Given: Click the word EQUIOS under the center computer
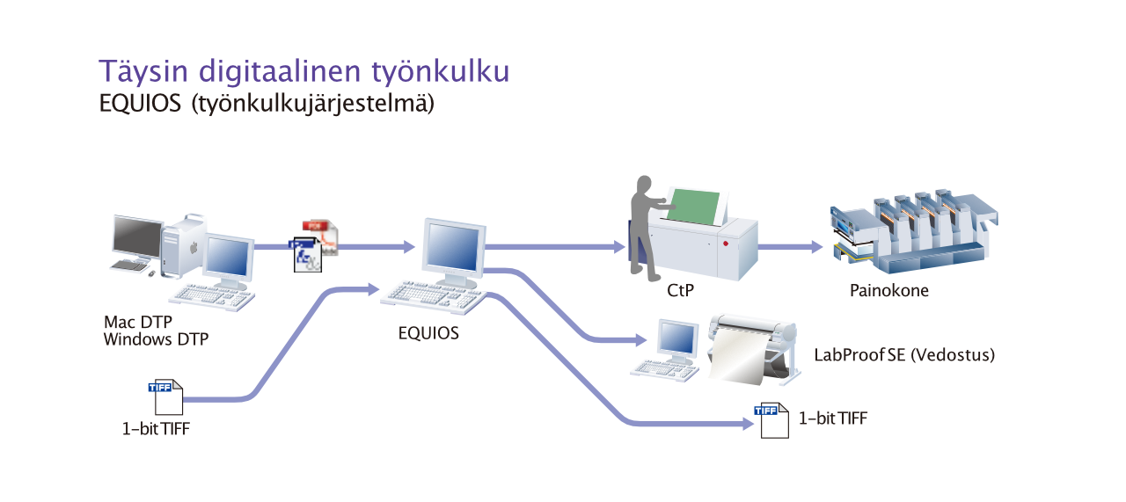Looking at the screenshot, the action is tap(428, 333).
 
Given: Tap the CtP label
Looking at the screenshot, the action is tap(680, 290).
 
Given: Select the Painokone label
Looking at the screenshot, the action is tap(888, 290).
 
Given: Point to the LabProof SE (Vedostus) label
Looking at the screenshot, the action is tap(904, 355).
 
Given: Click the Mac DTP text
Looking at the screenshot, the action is tap(138, 322).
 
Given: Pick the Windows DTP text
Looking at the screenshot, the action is tap(156, 339).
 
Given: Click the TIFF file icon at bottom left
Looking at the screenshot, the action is tap(166, 397).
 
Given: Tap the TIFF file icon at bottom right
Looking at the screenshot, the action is tap(771, 420).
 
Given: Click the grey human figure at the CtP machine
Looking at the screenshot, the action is tap(647, 229).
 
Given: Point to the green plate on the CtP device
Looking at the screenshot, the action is tap(693, 206).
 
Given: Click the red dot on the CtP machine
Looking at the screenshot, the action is tap(726, 244).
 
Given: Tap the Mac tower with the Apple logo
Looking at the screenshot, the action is tap(182, 246).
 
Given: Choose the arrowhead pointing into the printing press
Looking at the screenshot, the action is tap(817, 247).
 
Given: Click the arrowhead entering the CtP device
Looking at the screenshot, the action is tap(620, 247).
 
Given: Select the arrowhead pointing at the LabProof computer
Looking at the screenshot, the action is tap(641, 340).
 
